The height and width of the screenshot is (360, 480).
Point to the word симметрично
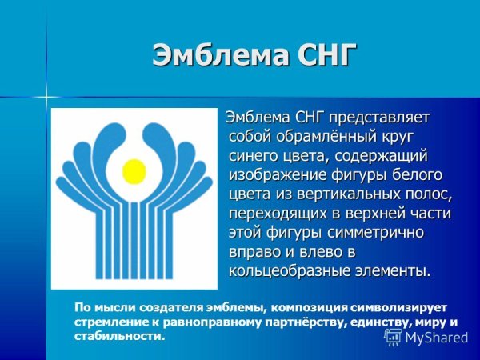(x=378, y=233)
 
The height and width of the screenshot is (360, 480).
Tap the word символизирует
(x=398, y=308)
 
